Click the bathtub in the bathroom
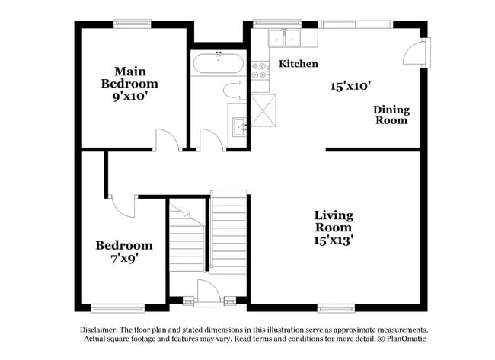click(x=218, y=63)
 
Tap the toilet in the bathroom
click(x=235, y=91)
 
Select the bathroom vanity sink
click(x=240, y=127)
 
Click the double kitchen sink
click(x=285, y=38)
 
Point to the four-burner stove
click(x=260, y=71)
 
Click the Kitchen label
click(x=299, y=64)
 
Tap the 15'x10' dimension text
click(x=350, y=86)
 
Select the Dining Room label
click(x=391, y=115)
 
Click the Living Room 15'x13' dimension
click(x=334, y=241)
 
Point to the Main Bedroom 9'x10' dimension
click(x=130, y=96)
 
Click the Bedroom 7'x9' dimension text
click(x=124, y=259)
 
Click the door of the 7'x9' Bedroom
click(x=123, y=206)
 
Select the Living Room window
click(x=336, y=308)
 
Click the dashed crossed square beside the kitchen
click(x=263, y=110)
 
